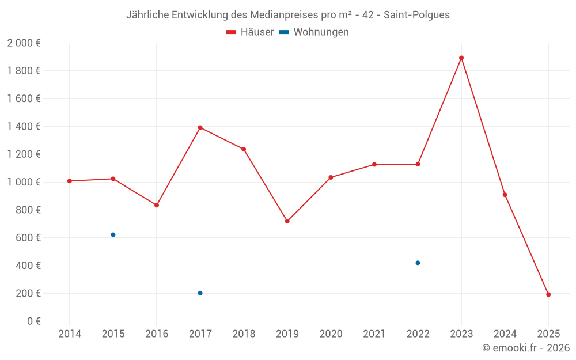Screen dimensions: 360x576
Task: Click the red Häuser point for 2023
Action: coord(461,58)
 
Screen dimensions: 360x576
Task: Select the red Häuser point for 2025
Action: coord(548,294)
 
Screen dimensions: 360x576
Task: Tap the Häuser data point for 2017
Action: coord(200,127)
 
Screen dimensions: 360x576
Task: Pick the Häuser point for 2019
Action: coord(287,221)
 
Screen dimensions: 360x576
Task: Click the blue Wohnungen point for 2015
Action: coord(113,234)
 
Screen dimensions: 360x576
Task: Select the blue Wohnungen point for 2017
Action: coord(200,293)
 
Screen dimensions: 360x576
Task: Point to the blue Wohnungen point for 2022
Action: coord(418,263)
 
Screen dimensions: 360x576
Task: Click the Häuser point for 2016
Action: coord(157,205)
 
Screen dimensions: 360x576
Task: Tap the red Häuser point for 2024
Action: coord(505,195)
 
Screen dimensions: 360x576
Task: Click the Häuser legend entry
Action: coord(250,32)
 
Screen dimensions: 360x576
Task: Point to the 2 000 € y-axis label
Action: coord(24,43)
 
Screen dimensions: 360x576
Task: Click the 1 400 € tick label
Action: coord(24,127)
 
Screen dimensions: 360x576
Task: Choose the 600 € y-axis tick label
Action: coord(28,238)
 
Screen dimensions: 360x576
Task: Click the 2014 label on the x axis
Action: coord(70,334)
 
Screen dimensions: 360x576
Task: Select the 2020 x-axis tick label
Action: coord(331,334)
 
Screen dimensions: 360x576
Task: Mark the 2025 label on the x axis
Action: coord(548,334)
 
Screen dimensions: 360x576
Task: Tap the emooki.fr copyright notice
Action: coord(525,348)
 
